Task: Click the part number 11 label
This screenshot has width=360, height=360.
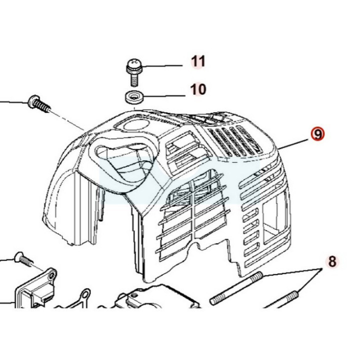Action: (198, 61)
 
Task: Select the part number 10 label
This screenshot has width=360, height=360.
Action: (198, 89)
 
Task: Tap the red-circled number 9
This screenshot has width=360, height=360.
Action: (318, 134)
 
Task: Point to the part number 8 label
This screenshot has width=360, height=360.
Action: (332, 261)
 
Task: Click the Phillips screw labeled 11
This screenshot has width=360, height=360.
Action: (134, 72)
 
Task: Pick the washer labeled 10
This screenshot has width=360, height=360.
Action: (134, 97)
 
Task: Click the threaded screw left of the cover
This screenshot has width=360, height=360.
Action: (39, 104)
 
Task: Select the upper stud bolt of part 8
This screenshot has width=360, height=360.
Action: (236, 288)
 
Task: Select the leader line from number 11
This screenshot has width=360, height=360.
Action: (161, 66)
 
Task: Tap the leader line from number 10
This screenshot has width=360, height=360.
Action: (164, 95)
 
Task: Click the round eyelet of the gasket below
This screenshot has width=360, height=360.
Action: (85, 294)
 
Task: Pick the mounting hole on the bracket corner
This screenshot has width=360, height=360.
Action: (52, 274)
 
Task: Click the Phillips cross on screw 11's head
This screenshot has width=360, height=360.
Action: (134, 62)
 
